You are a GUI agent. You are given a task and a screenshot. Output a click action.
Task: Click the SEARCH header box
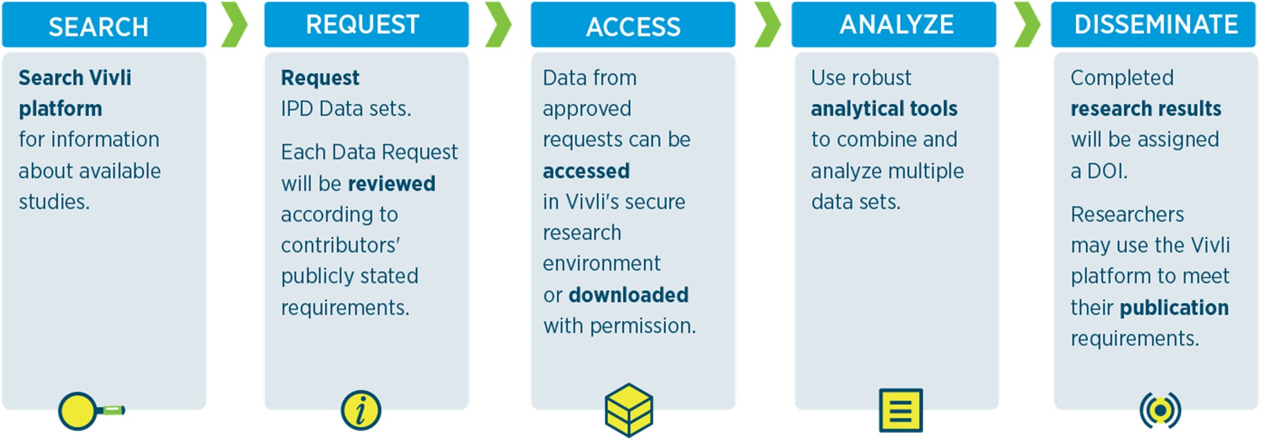[x=104, y=25]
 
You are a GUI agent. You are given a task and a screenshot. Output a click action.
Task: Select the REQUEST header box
[x=367, y=25]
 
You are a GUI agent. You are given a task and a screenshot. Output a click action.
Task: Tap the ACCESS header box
[x=633, y=25]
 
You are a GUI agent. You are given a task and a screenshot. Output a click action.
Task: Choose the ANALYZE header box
[x=894, y=25]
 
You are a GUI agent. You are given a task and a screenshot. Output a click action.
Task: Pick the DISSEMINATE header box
[x=1153, y=25]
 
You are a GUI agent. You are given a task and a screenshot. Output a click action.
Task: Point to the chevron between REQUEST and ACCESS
[x=499, y=25]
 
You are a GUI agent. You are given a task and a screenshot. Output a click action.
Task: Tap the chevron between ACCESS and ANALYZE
[x=768, y=25]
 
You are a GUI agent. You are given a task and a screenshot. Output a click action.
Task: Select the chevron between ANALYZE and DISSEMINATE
[x=1027, y=25]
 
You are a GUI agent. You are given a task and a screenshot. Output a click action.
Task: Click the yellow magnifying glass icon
[x=91, y=411]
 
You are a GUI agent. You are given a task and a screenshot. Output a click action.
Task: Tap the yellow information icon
[x=361, y=410]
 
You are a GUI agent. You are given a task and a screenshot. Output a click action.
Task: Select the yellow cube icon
[x=629, y=410]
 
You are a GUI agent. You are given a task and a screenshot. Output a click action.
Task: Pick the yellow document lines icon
[x=901, y=410]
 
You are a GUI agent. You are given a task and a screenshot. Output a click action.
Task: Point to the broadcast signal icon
[x=1160, y=410]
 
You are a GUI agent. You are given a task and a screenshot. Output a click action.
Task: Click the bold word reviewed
[x=392, y=184]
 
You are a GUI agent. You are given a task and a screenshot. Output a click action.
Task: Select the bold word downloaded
[x=629, y=295]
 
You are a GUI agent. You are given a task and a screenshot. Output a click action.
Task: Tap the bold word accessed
[x=586, y=171]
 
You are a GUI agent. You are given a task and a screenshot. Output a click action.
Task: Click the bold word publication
[x=1174, y=308]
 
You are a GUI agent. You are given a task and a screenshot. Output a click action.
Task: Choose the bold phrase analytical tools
[x=884, y=109]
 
